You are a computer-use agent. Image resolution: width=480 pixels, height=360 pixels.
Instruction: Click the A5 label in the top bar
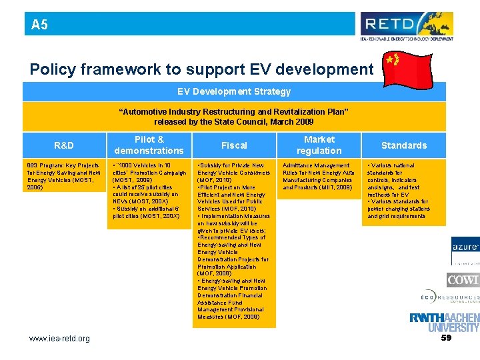click(x=39, y=25)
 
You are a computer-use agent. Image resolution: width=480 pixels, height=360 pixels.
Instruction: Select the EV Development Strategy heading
click(x=234, y=91)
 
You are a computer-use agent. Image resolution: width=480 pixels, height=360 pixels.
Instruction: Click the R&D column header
click(x=64, y=145)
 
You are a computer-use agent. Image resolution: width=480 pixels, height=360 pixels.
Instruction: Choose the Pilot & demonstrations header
click(x=149, y=145)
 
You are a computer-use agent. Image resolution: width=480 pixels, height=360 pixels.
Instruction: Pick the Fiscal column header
click(x=234, y=145)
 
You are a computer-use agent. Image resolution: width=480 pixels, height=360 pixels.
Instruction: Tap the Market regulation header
click(x=319, y=145)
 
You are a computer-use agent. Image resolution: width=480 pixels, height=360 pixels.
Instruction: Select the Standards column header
click(x=404, y=145)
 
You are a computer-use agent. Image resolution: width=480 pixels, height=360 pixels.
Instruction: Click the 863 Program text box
click(x=63, y=176)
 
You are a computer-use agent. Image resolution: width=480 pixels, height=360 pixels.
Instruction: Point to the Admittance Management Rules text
click(x=319, y=176)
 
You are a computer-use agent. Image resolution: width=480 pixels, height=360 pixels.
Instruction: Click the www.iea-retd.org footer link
click(x=59, y=339)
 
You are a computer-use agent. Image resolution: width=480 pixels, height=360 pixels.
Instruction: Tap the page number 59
click(x=446, y=338)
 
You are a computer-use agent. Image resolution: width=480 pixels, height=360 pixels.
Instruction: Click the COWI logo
click(x=463, y=279)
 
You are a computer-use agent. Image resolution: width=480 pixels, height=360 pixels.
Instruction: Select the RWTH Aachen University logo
click(x=444, y=323)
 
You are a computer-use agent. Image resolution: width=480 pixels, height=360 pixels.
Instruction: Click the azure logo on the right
click(x=465, y=247)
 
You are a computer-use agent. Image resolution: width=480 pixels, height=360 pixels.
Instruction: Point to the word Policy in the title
click(x=51, y=69)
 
